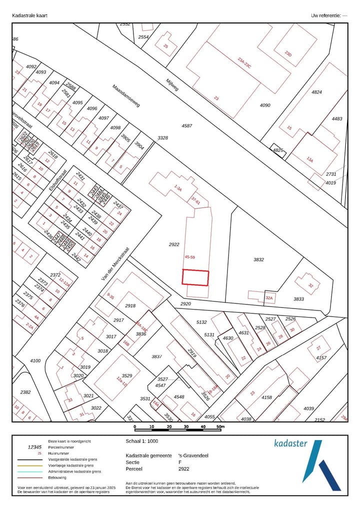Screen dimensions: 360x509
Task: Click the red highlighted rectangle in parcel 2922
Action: pyautogui.click(x=195, y=277)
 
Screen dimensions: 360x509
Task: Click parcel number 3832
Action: pyautogui.click(x=258, y=259)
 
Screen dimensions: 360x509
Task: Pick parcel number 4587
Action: pyautogui.click(x=187, y=125)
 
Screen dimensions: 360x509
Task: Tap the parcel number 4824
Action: pyautogui.click(x=317, y=92)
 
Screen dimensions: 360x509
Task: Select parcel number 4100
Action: pyautogui.click(x=35, y=360)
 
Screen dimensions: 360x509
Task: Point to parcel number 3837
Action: pyautogui.click(x=157, y=356)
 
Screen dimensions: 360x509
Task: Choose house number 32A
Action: pyautogui.click(x=269, y=298)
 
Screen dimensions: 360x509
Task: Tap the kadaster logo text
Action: pyautogui.click(x=291, y=443)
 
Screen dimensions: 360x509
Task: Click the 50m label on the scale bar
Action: pyautogui.click(x=220, y=426)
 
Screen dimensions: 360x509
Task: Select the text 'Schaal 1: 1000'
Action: pyautogui.click(x=141, y=442)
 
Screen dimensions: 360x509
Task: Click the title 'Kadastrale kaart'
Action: pyautogui.click(x=29, y=15)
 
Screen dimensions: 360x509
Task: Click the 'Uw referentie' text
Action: pyautogui.click(x=329, y=15)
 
